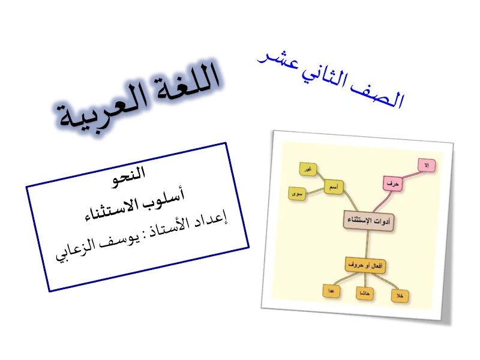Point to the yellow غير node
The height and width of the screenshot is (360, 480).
307,170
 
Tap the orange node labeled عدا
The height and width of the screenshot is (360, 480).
331,290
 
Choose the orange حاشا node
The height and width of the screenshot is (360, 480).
362,293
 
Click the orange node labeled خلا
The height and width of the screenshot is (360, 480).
399,296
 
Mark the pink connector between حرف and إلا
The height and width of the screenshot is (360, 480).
410,174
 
